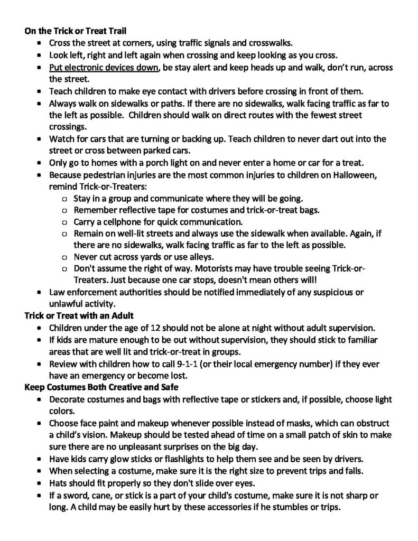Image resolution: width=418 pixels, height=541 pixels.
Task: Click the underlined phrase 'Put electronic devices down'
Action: pos(104,68)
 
